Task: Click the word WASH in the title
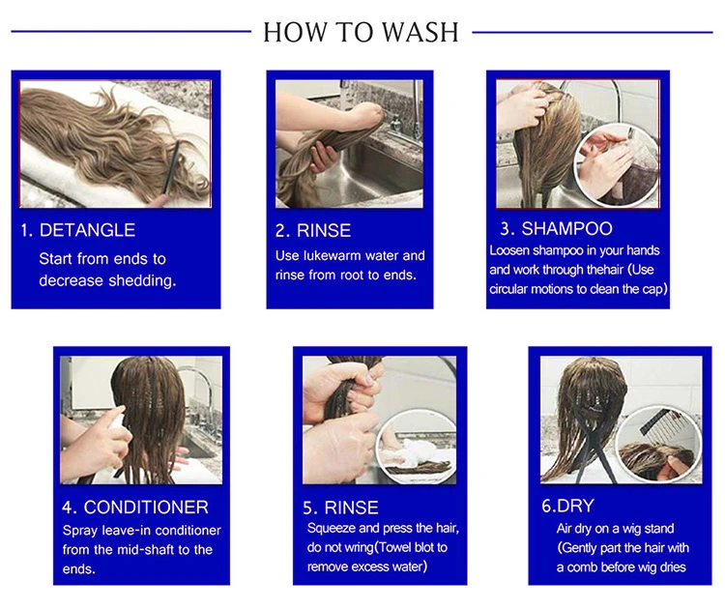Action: [x=420, y=32]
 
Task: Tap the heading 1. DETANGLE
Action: [x=77, y=230]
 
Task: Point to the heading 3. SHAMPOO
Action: [x=556, y=228]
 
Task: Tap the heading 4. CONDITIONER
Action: [x=135, y=507]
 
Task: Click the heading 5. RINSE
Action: [x=340, y=507]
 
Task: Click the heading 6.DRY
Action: [x=567, y=506]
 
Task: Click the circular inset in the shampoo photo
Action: [x=616, y=165]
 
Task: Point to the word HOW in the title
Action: [x=295, y=32]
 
